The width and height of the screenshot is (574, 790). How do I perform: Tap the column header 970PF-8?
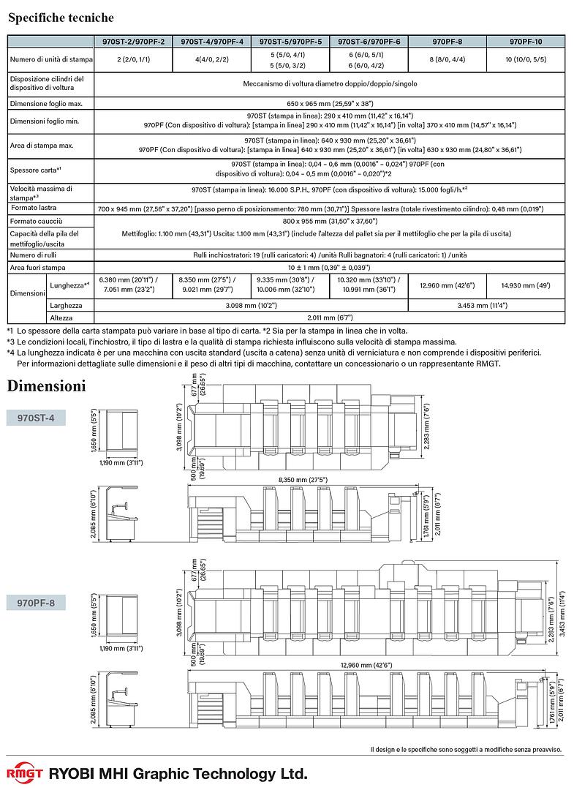447,42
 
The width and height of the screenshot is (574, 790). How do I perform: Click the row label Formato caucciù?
37,220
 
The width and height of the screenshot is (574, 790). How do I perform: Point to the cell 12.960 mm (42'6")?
447,285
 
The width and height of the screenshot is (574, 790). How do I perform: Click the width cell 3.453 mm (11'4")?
486,304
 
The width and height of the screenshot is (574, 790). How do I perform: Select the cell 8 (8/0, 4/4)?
447,59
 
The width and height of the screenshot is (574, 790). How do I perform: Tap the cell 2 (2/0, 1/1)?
133,59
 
